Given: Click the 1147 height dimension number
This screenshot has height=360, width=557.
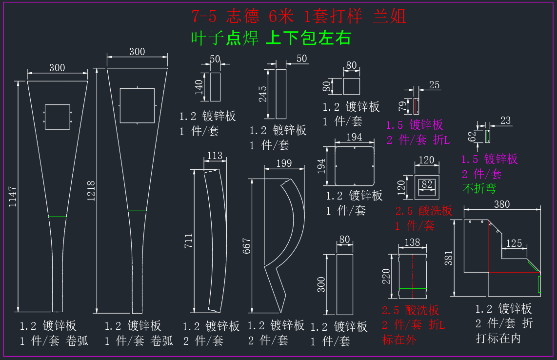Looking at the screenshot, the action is click(x=13, y=197).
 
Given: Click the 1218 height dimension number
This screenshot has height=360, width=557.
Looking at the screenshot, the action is click(x=91, y=191).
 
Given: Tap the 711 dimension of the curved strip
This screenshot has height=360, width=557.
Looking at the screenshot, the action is click(x=189, y=240).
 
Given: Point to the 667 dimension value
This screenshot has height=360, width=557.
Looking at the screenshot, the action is click(x=246, y=246).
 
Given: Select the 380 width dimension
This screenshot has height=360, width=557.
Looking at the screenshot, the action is click(x=501, y=204).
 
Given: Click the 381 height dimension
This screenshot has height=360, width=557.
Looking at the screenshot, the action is click(x=449, y=258).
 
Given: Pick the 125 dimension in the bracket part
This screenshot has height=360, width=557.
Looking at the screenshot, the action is click(x=514, y=243).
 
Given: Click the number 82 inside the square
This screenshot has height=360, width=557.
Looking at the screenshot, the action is click(x=427, y=184).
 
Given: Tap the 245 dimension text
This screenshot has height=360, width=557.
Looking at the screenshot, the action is click(x=262, y=94).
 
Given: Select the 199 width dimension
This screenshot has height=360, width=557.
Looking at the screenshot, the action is click(x=284, y=163).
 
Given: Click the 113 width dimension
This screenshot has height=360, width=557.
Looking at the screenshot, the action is click(x=215, y=156).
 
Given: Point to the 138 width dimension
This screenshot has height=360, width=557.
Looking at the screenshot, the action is click(x=412, y=242).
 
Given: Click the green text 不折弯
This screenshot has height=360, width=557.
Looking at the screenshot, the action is click(x=479, y=188).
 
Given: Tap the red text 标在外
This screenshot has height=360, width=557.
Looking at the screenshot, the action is click(x=399, y=340).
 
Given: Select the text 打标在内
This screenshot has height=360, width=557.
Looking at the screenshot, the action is click(x=498, y=338).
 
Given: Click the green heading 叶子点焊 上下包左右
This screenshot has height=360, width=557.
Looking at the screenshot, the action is click(x=271, y=38).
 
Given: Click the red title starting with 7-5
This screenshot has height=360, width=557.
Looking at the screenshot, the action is click(x=299, y=16).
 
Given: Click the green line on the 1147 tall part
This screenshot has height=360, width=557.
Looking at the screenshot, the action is click(x=57, y=217).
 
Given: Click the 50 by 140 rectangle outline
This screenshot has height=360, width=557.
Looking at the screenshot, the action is click(x=210, y=87).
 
